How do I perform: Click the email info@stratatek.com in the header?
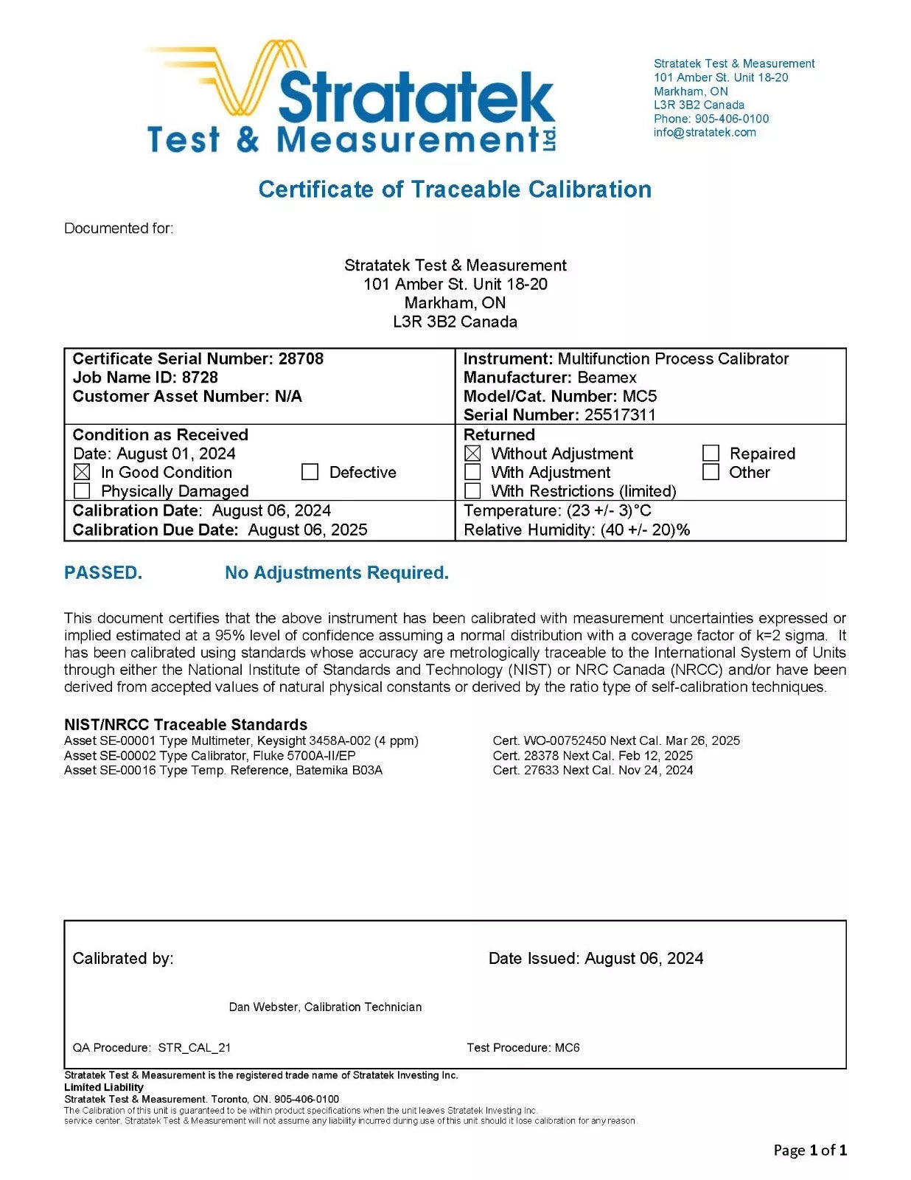pyautogui.click(x=705, y=133)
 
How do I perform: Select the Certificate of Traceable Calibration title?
pyautogui.click(x=455, y=190)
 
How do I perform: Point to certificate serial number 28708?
pyautogui.click(x=301, y=359)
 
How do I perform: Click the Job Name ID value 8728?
pyautogui.click(x=200, y=378)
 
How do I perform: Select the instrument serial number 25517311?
pyautogui.click(x=620, y=415)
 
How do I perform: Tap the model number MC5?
pyautogui.click(x=639, y=396)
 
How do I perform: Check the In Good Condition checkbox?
pyautogui.click(x=83, y=472)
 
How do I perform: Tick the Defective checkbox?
pyautogui.click(x=310, y=472)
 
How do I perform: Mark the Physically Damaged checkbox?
pyautogui.click(x=83, y=491)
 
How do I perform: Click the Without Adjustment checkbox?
pyautogui.click(x=473, y=454)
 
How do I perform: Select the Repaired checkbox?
pyautogui.click(x=711, y=454)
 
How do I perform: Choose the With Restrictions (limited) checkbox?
pyautogui.click(x=473, y=491)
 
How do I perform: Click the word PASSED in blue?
pyautogui.click(x=103, y=573)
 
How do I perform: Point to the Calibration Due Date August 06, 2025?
pyautogui.click(x=307, y=530)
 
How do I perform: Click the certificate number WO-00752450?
pyautogui.click(x=565, y=741)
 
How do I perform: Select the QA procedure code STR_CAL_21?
pyautogui.click(x=195, y=1048)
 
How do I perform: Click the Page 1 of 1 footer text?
pyautogui.click(x=810, y=1150)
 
